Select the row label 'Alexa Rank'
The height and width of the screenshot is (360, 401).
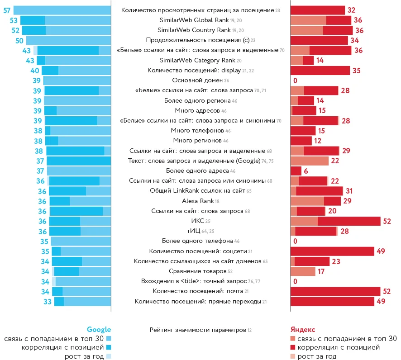(x=197, y=201)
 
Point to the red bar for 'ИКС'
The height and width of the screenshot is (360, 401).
(x=335, y=221)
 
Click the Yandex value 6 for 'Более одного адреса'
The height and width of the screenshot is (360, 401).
(x=306, y=171)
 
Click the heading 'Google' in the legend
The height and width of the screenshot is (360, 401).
(x=99, y=330)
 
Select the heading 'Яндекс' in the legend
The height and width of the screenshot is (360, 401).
(x=302, y=330)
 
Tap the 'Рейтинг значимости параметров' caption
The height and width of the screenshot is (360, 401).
(x=198, y=330)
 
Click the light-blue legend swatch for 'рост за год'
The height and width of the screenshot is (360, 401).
(x=108, y=356)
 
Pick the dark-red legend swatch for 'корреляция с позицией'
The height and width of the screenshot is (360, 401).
(x=293, y=347)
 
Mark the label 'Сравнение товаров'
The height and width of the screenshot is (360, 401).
(x=197, y=271)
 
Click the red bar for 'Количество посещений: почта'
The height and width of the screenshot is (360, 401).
(x=335, y=291)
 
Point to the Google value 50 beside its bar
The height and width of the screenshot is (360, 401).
(x=19, y=40)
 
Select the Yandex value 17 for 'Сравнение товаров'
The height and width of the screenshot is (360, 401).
(x=321, y=271)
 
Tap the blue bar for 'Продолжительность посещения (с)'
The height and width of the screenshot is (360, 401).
(x=68, y=40)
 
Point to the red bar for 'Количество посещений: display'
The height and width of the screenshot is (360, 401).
(x=320, y=70)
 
